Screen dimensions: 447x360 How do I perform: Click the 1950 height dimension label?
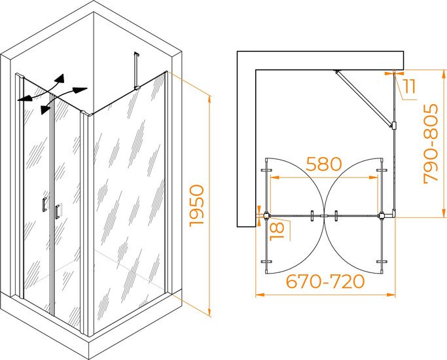[x=197, y=206]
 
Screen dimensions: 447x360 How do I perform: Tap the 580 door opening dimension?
[x=324, y=164]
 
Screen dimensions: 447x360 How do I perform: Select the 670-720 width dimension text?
[x=325, y=281]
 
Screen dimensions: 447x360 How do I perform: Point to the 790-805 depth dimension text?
[x=431, y=143]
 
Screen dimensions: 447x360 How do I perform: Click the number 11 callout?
[x=410, y=86]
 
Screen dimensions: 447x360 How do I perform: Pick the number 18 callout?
[x=277, y=231]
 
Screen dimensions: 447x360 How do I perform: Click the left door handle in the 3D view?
[x=45, y=204]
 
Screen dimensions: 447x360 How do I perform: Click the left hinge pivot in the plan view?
[x=266, y=215]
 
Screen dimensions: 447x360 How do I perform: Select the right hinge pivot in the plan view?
[x=381, y=215]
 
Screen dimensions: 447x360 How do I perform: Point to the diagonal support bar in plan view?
[x=363, y=98]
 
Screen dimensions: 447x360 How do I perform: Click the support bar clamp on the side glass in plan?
[x=394, y=126]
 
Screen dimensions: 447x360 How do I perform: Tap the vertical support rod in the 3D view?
[x=135, y=71]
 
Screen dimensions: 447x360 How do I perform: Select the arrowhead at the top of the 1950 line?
[x=209, y=99]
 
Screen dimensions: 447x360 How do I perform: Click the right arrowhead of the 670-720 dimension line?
[x=391, y=295]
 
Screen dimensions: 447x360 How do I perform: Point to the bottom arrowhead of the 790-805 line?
[x=444, y=213]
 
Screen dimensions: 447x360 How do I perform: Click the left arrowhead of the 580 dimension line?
[x=274, y=177]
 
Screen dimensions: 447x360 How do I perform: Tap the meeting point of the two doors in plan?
[x=323, y=216]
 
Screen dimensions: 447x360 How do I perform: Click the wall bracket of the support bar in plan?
[x=337, y=71]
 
